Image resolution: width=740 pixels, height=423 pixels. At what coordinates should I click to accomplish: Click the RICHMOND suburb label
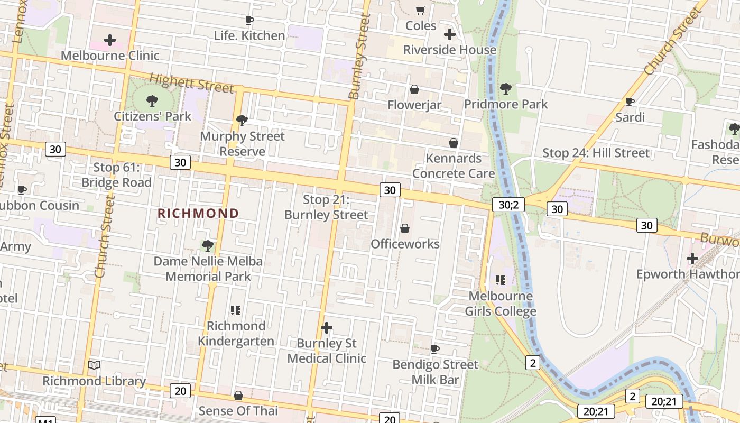[198, 214]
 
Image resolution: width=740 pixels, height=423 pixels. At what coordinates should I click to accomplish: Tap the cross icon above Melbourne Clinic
[110, 40]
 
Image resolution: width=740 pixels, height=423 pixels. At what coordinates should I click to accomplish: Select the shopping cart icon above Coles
[421, 11]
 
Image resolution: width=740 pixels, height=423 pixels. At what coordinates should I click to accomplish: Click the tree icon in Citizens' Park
[152, 100]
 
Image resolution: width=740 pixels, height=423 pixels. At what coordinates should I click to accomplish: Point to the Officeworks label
[405, 244]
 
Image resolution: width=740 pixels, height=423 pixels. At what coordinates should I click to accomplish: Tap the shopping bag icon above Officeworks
[405, 228]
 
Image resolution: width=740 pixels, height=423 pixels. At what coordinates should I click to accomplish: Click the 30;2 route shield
[508, 205]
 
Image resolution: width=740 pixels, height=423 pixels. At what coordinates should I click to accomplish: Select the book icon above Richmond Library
[94, 365]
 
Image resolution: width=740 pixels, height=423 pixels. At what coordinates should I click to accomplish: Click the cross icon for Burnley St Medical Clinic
[327, 328]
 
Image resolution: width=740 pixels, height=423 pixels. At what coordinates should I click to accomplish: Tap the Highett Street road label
[191, 83]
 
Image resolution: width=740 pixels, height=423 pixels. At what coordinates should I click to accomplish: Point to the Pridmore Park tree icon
[506, 88]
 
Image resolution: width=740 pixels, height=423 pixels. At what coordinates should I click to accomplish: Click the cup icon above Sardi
[630, 102]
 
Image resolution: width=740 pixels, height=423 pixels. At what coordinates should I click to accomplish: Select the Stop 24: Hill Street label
[596, 153]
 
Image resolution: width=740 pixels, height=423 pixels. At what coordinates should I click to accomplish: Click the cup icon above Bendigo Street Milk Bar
[435, 349]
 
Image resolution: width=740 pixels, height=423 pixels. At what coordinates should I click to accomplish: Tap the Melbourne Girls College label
[501, 304]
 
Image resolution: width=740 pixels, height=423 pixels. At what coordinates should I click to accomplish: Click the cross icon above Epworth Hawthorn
[692, 259]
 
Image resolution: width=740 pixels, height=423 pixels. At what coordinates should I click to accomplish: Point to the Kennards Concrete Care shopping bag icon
[454, 143]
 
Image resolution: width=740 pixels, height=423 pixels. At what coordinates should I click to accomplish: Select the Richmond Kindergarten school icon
[236, 310]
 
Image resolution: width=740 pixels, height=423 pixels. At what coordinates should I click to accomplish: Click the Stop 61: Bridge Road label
[116, 175]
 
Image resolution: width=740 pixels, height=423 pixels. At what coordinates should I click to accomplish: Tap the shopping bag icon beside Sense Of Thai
[238, 396]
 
